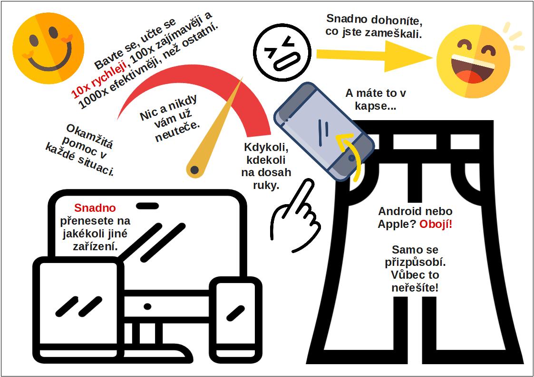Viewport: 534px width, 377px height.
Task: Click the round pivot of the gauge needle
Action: (x=194, y=170)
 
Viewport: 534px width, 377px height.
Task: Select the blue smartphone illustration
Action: (x=324, y=132)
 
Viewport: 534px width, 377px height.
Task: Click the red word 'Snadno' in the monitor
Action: (x=95, y=208)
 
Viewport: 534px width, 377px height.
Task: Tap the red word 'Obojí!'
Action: (x=436, y=224)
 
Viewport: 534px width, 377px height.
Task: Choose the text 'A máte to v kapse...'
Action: (x=376, y=99)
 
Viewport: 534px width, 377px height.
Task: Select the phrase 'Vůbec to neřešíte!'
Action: (x=415, y=281)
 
